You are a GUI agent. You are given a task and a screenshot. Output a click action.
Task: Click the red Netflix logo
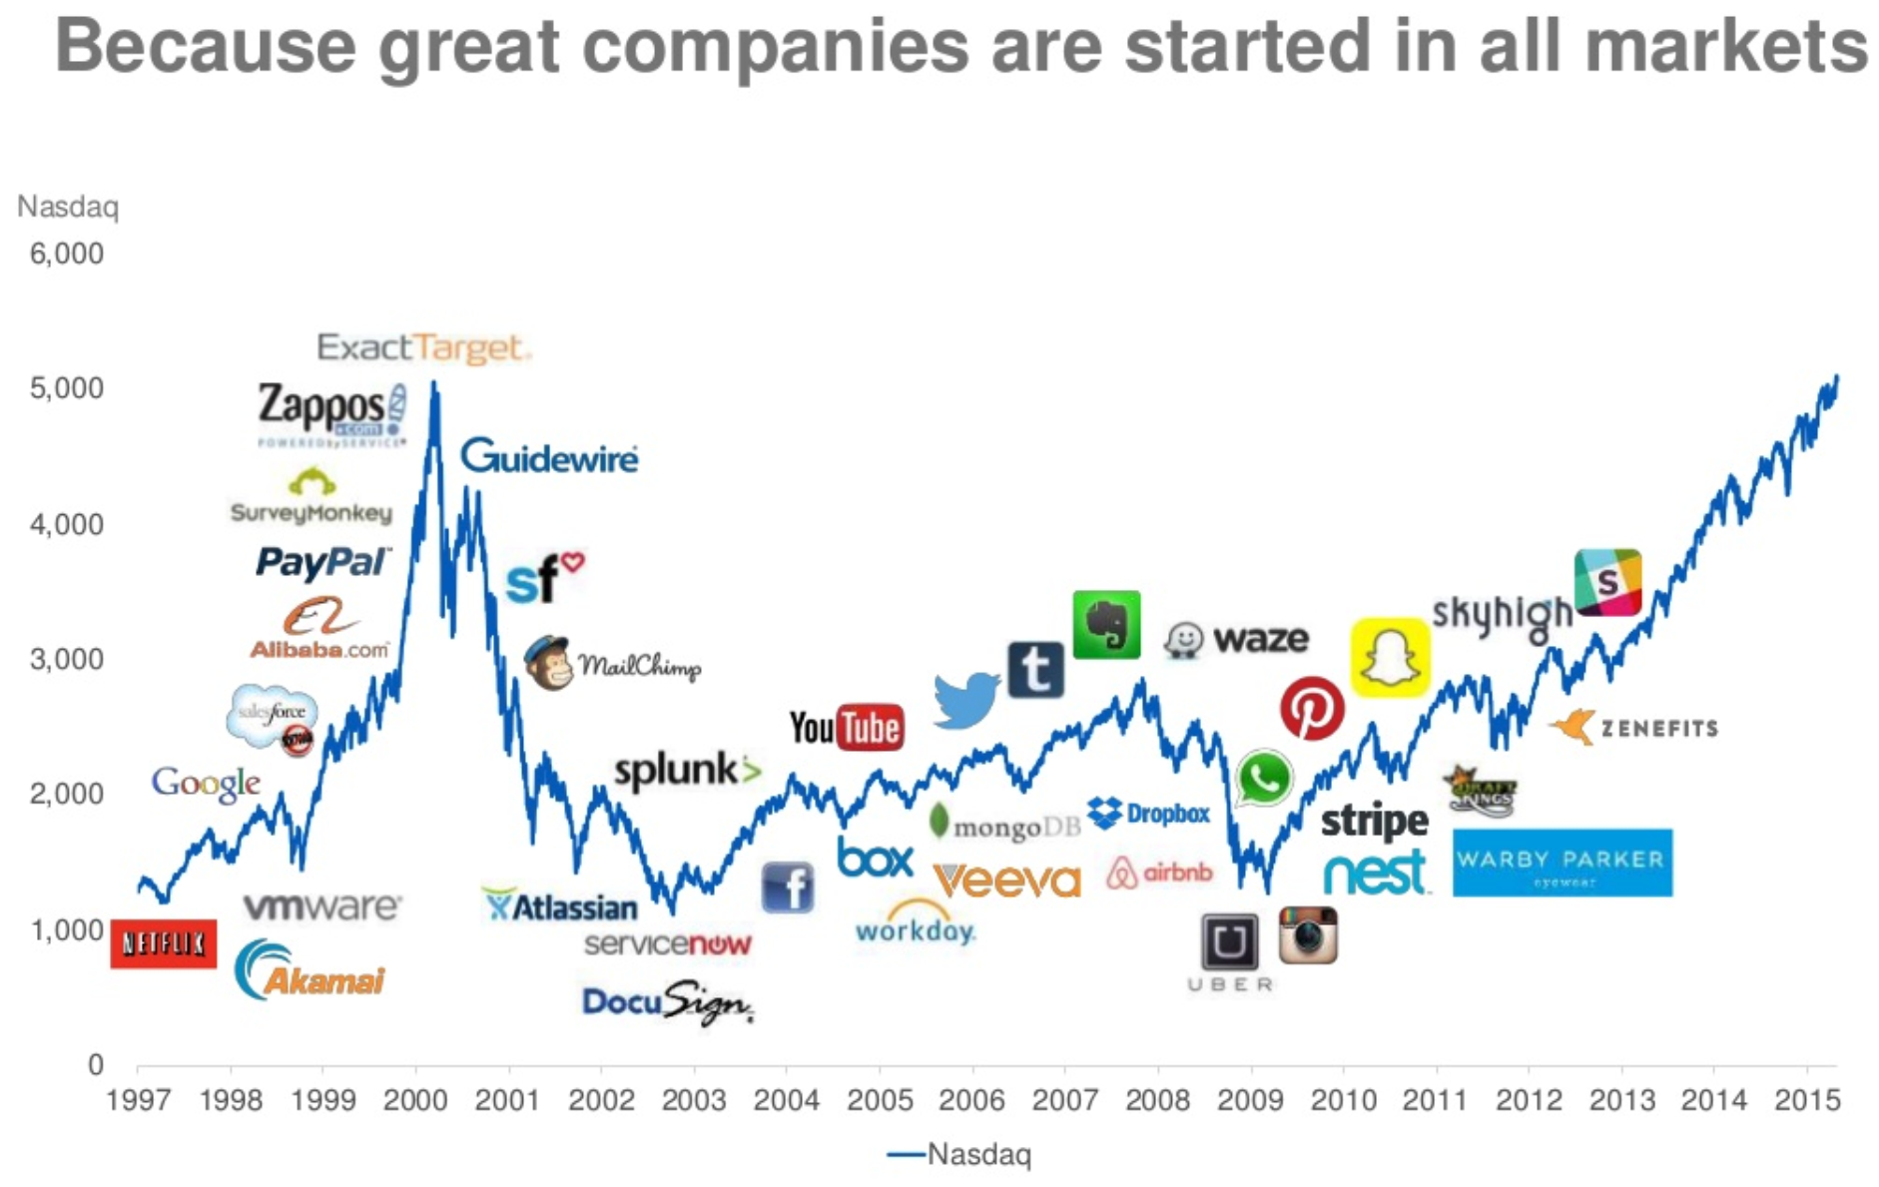(x=163, y=943)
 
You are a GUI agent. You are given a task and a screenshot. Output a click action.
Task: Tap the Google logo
(x=206, y=784)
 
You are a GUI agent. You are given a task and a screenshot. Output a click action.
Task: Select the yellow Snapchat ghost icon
(x=1389, y=657)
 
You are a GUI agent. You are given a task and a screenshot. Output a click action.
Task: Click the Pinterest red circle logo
(x=1311, y=708)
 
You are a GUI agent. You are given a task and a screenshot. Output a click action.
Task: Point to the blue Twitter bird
(x=965, y=699)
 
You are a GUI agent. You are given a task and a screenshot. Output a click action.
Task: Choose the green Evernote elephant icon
(x=1106, y=625)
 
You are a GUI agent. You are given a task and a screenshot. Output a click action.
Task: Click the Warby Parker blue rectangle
(x=1562, y=863)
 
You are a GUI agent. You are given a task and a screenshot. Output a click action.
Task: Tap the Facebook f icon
(x=788, y=887)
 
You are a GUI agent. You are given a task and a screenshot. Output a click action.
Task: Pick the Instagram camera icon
(x=1308, y=935)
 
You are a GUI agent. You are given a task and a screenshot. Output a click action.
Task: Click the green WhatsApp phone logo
(x=1263, y=778)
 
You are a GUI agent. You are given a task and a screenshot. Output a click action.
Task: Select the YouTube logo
(x=846, y=728)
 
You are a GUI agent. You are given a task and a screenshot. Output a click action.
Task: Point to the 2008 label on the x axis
(x=1157, y=1100)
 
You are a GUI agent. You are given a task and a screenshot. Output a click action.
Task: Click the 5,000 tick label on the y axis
(x=67, y=388)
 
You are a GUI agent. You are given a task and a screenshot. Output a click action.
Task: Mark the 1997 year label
(x=138, y=1100)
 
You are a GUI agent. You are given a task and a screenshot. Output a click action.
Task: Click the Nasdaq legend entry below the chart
(x=959, y=1154)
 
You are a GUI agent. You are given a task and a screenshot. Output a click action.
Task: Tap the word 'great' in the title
(x=468, y=47)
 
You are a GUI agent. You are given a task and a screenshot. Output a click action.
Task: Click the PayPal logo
(x=321, y=563)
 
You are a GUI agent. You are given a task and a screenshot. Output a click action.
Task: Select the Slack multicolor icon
(x=1607, y=582)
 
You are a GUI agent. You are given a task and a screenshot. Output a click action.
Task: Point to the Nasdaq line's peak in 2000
(x=433, y=383)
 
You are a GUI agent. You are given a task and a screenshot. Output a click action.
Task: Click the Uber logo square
(x=1229, y=941)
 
